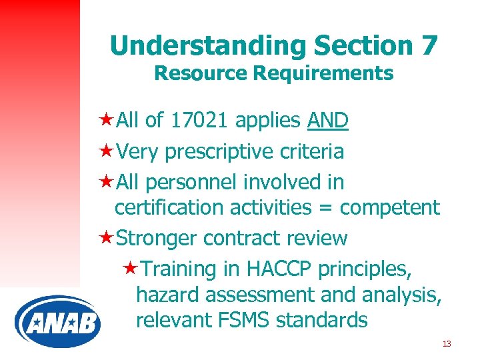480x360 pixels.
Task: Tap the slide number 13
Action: pyautogui.click(x=447, y=343)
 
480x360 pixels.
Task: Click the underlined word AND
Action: pyautogui.click(x=328, y=121)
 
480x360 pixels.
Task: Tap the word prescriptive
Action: pyautogui.click(x=214, y=151)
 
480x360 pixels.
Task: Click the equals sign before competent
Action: pyautogui.click(x=326, y=208)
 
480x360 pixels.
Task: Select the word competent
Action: pyautogui.click(x=390, y=208)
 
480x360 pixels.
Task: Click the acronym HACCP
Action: pyautogui.click(x=280, y=269)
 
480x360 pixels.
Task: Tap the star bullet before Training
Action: pyautogui.click(x=131, y=269)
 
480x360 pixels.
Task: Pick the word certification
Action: pyautogui.click(x=169, y=208)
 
